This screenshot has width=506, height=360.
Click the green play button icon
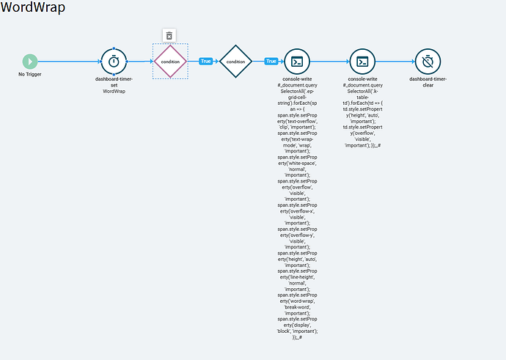pyautogui.click(x=30, y=62)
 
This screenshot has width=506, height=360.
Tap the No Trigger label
pyautogui.click(x=30, y=75)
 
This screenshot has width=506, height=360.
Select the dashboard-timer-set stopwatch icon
pyautogui.click(x=113, y=62)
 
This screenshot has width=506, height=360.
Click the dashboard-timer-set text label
pyautogui.click(x=113, y=81)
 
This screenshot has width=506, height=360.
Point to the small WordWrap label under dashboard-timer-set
pyautogui.click(x=113, y=92)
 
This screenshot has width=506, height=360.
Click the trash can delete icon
pyautogui.click(x=169, y=35)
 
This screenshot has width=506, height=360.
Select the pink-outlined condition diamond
pyautogui.click(x=170, y=62)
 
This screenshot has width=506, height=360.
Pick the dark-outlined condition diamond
pyautogui.click(x=235, y=62)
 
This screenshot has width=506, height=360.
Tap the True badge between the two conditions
pyautogui.click(x=205, y=62)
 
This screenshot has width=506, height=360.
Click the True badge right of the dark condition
pyautogui.click(x=271, y=62)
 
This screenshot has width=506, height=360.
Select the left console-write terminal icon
pyautogui.click(x=297, y=62)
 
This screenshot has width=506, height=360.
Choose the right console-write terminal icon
pyautogui.click(x=362, y=62)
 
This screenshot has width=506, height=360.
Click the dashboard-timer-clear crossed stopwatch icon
pyautogui.click(x=428, y=62)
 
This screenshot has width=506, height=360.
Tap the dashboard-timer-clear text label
pyautogui.click(x=428, y=81)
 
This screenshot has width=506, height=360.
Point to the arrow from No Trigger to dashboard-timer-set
pyautogui.click(x=70, y=62)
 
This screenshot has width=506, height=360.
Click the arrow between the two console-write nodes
pyautogui.click(x=330, y=62)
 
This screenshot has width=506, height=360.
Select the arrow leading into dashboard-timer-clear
pyautogui.click(x=395, y=62)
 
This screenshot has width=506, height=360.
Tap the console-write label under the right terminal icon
pyautogui.click(x=362, y=78)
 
